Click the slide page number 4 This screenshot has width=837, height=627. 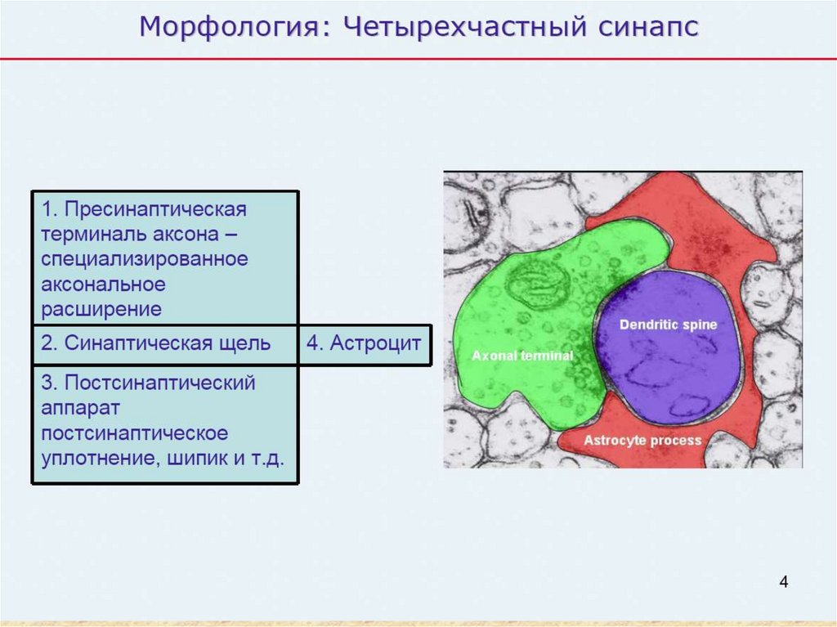(784, 581)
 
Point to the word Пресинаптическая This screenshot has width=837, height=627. (155, 209)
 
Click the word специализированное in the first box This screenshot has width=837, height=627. (145, 260)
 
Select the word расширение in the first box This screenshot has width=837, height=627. (101, 310)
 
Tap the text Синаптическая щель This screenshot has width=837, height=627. (167, 343)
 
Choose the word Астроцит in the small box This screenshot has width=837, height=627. (375, 343)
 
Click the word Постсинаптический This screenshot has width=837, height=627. (159, 383)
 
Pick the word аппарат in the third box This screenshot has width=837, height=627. (81, 409)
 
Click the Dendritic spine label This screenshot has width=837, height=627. (668, 325)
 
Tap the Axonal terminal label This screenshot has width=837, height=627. (522, 356)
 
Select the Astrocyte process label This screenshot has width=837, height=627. (642, 441)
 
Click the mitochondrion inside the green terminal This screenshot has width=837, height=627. (535, 286)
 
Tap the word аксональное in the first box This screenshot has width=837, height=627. (103, 284)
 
